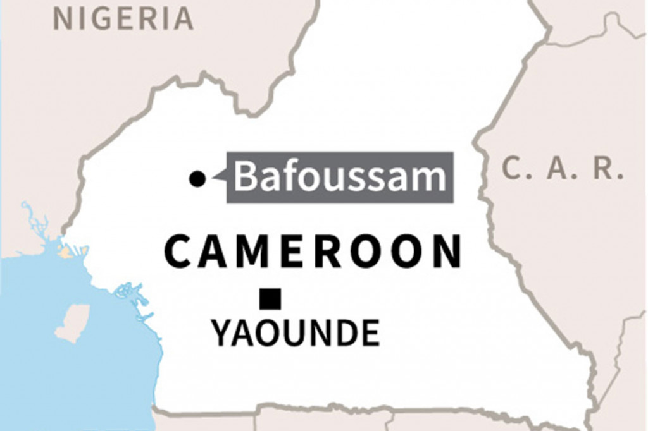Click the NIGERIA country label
click(x=123, y=19)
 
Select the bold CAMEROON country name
click(x=313, y=251)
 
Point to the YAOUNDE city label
click(x=296, y=333)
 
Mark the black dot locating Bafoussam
click(x=197, y=179)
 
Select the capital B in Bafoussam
click(x=247, y=178)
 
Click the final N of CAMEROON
click(x=446, y=251)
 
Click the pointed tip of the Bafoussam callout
click(x=215, y=179)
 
